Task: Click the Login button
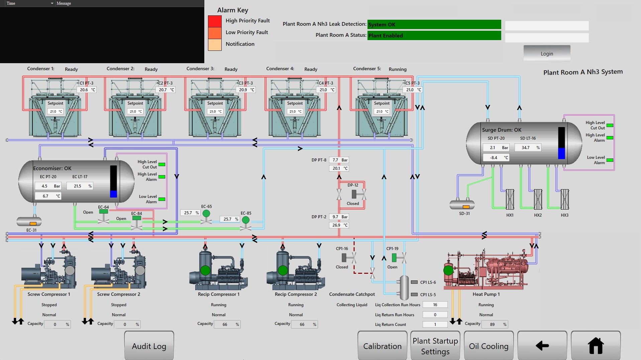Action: [547, 53]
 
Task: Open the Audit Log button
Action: [149, 346]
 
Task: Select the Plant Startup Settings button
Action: [435, 346]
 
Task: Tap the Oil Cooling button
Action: [489, 346]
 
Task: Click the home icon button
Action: [596, 346]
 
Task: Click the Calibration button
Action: [382, 346]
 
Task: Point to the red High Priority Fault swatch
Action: [215, 21]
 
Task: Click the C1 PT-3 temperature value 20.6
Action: [84, 90]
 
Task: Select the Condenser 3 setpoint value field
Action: [215, 111]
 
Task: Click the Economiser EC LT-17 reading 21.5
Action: [78, 186]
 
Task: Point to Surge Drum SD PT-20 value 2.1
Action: [493, 147]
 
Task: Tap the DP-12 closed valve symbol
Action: [358, 194]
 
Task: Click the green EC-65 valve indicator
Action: [206, 213]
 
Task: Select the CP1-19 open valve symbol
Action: [399, 258]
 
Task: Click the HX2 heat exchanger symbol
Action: [538, 199]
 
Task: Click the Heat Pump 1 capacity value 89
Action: [492, 324]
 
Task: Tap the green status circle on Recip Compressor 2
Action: [283, 270]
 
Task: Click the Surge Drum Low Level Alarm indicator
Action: [610, 160]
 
